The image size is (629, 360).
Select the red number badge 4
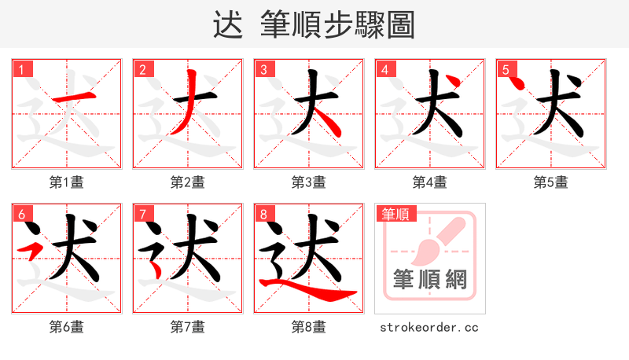tap(384, 69)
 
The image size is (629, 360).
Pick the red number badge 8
tap(263, 214)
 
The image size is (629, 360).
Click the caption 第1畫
tap(67, 182)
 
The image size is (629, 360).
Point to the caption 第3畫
tap(309, 182)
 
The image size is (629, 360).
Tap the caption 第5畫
tap(551, 182)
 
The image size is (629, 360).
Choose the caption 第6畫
tap(67, 327)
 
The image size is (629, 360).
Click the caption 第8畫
tap(309, 327)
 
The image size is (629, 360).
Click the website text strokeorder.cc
tap(429, 327)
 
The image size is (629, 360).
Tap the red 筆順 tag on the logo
tap(395, 214)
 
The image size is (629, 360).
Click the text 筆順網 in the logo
tap(430, 279)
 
